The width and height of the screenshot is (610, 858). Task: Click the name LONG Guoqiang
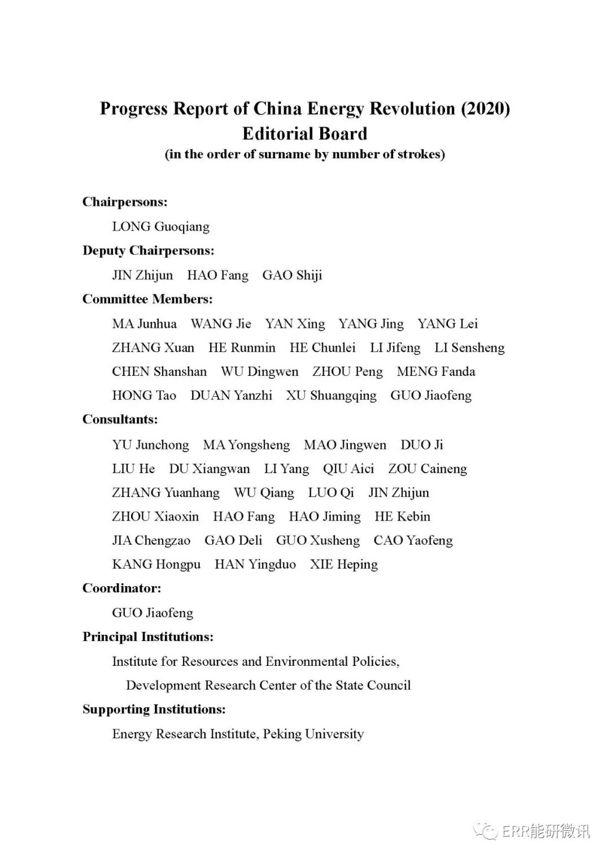coord(160,227)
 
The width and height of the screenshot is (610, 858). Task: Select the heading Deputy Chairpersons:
coord(148,250)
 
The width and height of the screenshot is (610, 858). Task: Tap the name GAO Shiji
coord(292,275)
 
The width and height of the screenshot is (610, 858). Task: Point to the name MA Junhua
coord(144,324)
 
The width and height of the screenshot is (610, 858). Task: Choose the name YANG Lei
coord(447,324)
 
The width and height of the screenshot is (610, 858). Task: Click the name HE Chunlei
coord(323,348)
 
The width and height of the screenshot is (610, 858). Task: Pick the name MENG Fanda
coord(435,371)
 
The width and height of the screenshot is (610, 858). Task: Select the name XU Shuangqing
coord(331,396)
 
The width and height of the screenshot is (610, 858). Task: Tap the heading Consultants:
coord(120,419)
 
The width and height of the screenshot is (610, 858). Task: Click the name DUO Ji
coord(421,445)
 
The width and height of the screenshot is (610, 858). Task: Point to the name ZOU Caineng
coord(428,469)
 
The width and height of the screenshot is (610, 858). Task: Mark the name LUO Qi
coord(331,493)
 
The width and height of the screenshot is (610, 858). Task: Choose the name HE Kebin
coord(402,517)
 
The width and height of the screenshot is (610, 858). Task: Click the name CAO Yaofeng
coord(413,540)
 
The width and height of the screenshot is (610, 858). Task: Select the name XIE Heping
coord(343,564)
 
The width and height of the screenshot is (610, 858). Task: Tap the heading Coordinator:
coord(121,588)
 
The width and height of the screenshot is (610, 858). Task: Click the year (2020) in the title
coord(485,109)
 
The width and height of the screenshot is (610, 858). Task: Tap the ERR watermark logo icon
coord(485,830)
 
